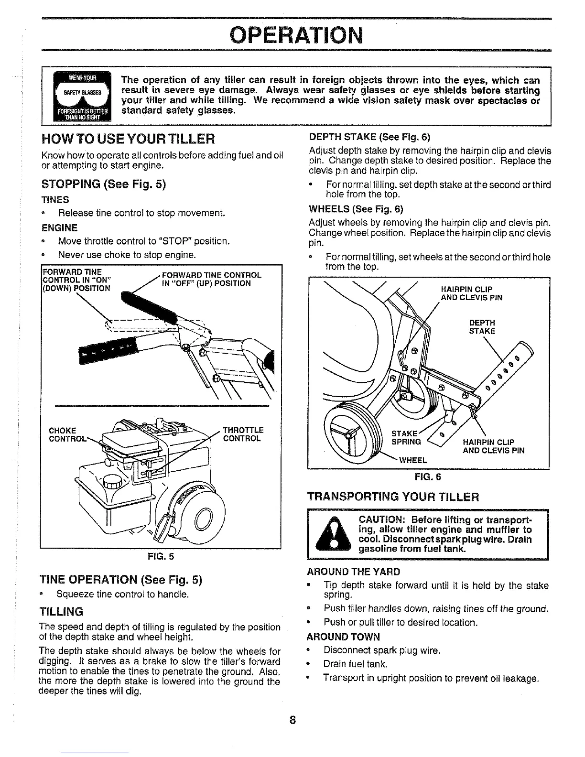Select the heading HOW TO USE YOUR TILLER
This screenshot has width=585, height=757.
point(128,140)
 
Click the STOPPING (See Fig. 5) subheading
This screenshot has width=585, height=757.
point(104,184)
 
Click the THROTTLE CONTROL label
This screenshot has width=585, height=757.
point(243,434)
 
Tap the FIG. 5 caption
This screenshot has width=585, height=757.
point(161,556)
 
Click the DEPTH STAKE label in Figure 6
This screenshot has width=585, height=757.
point(482,327)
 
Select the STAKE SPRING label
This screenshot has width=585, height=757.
point(406,438)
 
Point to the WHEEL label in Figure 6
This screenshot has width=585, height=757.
point(412,460)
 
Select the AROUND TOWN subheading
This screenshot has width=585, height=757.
point(344,637)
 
